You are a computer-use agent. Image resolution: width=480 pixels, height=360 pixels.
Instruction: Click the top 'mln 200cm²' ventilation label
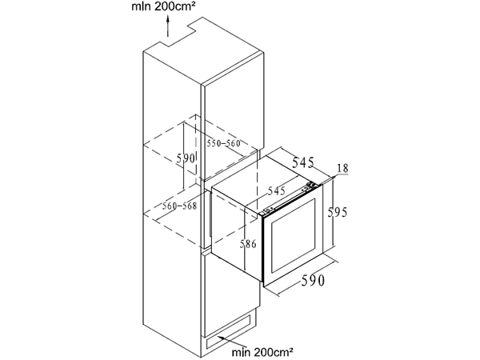pos(163,6)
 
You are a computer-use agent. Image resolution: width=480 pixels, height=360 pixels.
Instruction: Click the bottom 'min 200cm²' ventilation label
pos(262,352)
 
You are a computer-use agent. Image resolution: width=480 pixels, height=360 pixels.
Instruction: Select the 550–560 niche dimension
pos(223,143)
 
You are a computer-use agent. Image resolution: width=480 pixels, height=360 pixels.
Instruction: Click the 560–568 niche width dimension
pos(179,206)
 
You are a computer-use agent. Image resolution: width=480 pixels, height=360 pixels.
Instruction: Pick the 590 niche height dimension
pos(186,158)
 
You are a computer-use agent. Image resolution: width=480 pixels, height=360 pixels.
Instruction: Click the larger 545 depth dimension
pos(302,162)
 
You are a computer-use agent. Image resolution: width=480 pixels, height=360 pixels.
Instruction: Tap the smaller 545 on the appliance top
pos(277,191)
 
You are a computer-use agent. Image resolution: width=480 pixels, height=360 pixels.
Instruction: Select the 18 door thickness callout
pos(342,168)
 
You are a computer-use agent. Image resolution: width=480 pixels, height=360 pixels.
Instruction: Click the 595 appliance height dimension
pos(338,212)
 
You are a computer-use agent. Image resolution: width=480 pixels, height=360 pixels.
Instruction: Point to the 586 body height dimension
pos(248,244)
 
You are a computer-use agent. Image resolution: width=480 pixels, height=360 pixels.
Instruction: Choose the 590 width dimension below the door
pos(313,281)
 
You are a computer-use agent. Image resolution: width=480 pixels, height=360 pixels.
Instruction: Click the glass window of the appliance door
pos(292,235)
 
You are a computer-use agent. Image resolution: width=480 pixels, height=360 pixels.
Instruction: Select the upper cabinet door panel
pos(234,115)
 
